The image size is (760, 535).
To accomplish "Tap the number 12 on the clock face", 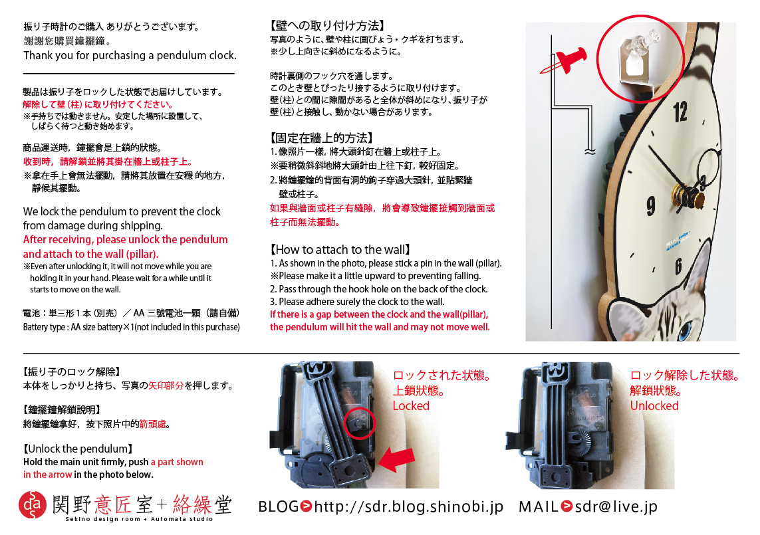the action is point(680,112).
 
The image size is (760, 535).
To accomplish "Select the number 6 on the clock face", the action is point(678,266).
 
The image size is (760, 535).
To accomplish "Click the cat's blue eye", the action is point(686,331).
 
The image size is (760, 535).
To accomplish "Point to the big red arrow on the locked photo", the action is point(396,459).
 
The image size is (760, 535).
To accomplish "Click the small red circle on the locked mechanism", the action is point(360,423).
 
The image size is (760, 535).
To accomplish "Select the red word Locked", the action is point(411,405).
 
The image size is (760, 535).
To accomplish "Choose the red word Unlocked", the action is point(654,405).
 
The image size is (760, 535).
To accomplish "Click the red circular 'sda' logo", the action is point(33,504).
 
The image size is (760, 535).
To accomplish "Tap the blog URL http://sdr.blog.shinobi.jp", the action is point(409,506).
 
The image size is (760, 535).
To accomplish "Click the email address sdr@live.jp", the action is point(616,506).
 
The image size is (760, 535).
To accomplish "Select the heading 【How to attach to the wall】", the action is point(340,250).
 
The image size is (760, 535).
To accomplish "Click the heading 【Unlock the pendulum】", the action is point(78,449).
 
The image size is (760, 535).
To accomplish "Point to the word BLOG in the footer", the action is point(278,506).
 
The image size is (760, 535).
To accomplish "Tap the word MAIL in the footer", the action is point(539,506).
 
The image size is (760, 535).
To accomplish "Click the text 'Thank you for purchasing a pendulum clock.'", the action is point(130,55).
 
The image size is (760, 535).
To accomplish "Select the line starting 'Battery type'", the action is point(132,327).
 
